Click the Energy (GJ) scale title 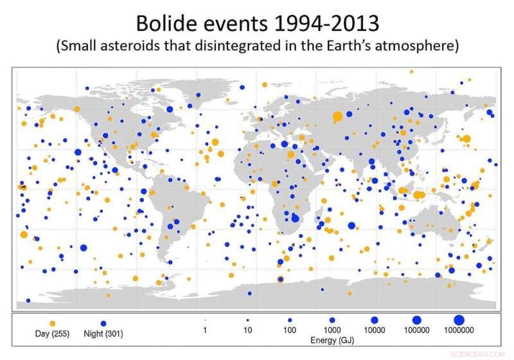point(332,338)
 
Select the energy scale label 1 point(204,330)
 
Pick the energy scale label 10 point(247,330)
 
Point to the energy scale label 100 point(289,330)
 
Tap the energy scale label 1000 point(332,330)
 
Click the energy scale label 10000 point(374,330)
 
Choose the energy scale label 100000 point(416,330)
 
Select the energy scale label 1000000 point(459,330)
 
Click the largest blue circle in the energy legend point(459,319)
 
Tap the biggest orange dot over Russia point(337,116)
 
